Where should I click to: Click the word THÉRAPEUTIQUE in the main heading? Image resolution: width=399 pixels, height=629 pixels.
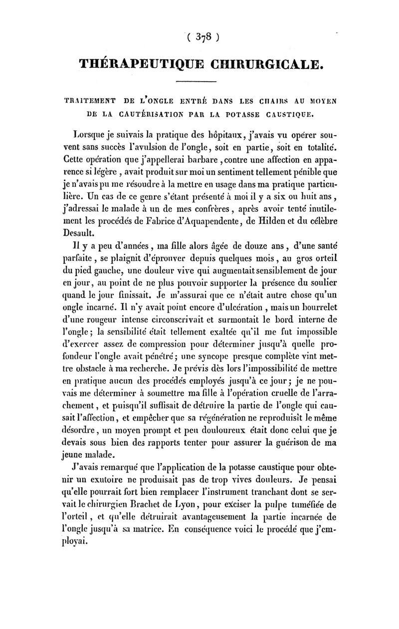click(139, 64)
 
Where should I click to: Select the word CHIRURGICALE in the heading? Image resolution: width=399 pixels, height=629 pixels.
click(264, 64)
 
